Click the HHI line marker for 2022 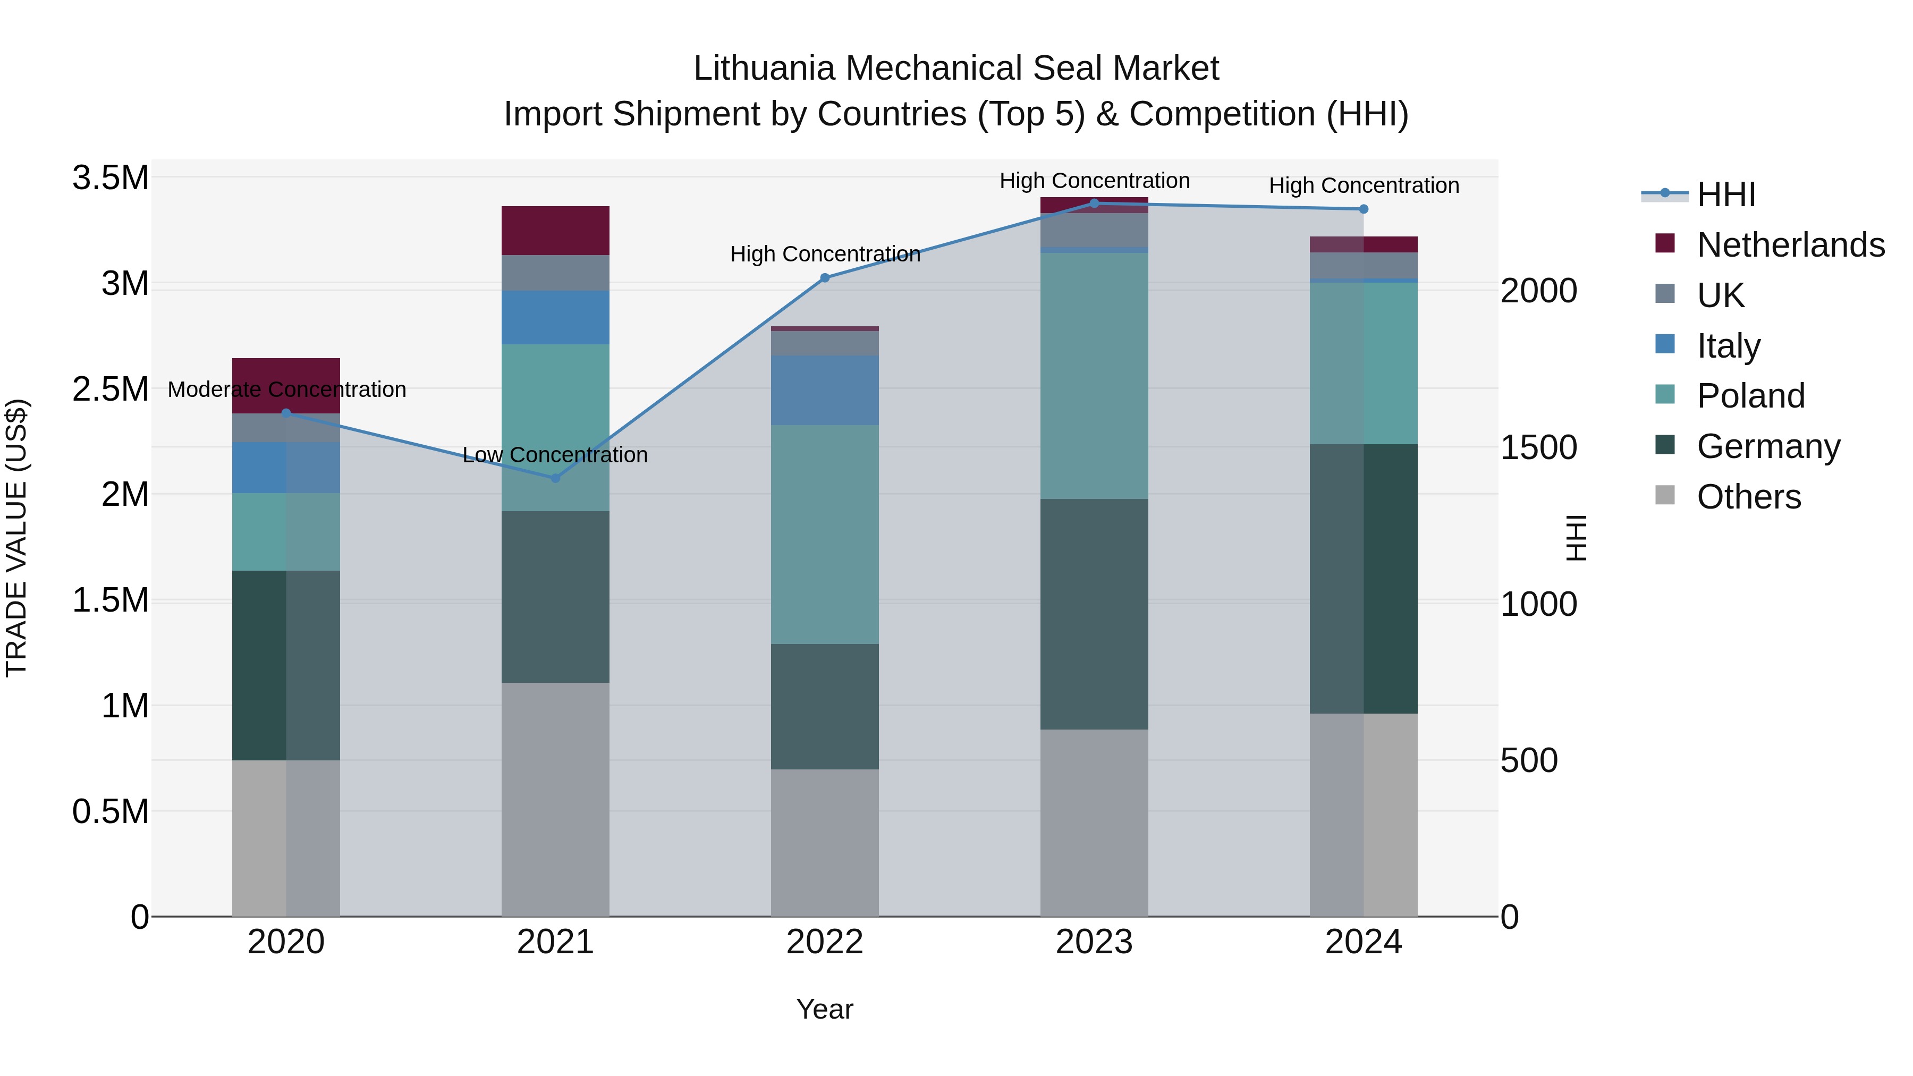pyautogui.click(x=824, y=278)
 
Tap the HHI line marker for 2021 pyautogui.click(x=555, y=478)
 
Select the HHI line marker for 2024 pyautogui.click(x=1364, y=209)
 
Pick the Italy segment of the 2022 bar pyautogui.click(x=824, y=390)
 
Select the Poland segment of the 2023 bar pyautogui.click(x=1094, y=375)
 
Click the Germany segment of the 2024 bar pyautogui.click(x=1364, y=579)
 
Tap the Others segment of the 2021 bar pyautogui.click(x=555, y=799)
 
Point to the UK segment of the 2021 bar pyautogui.click(x=555, y=273)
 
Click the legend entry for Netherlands pyautogui.click(x=1790, y=245)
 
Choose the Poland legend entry pyautogui.click(x=1750, y=396)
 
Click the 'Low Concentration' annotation pyautogui.click(x=555, y=454)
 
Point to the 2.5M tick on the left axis pyautogui.click(x=110, y=389)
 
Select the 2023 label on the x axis pyautogui.click(x=1094, y=942)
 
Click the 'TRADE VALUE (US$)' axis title pyautogui.click(x=16, y=538)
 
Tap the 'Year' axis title pyautogui.click(x=824, y=1009)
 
